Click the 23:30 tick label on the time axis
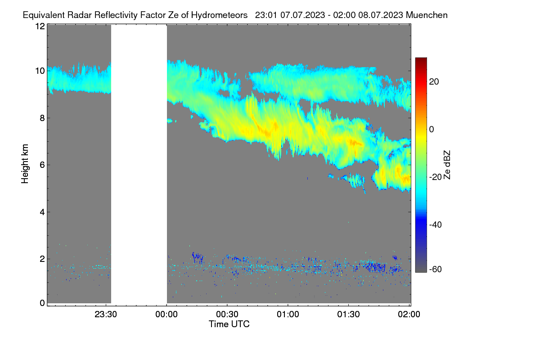[106, 315]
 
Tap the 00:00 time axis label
[166, 315]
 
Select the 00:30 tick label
[227, 315]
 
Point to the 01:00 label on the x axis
[288, 315]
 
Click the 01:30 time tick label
[348, 315]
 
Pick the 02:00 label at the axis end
[409, 315]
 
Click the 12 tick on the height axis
[40, 26]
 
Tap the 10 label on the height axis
[40, 71]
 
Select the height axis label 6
[42, 165]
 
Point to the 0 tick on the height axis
[42, 303]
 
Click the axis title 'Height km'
[25, 164]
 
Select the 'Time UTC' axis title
[229, 324]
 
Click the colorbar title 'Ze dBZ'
[447, 165]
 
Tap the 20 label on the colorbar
[434, 82]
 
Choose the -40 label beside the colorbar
[436, 225]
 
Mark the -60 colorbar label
[436, 270]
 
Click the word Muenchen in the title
[427, 15]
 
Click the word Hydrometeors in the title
[220, 15]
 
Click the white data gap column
[139, 164]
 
